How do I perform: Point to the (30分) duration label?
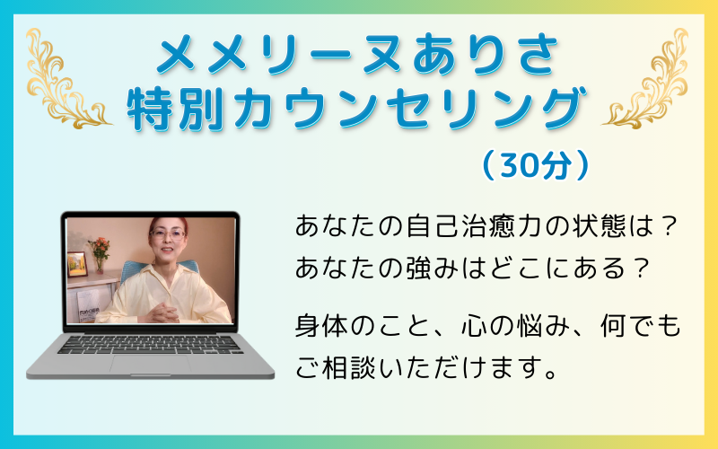[x=535, y=165]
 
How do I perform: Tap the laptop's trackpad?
[x=150, y=365]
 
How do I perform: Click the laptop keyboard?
[x=150, y=345]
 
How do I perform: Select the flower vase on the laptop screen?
[x=100, y=254]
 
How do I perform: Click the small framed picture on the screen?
[x=76, y=264]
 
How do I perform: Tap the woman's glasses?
[x=167, y=234]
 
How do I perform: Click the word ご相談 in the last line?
[x=337, y=367]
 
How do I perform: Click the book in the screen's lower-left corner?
[x=87, y=306]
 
